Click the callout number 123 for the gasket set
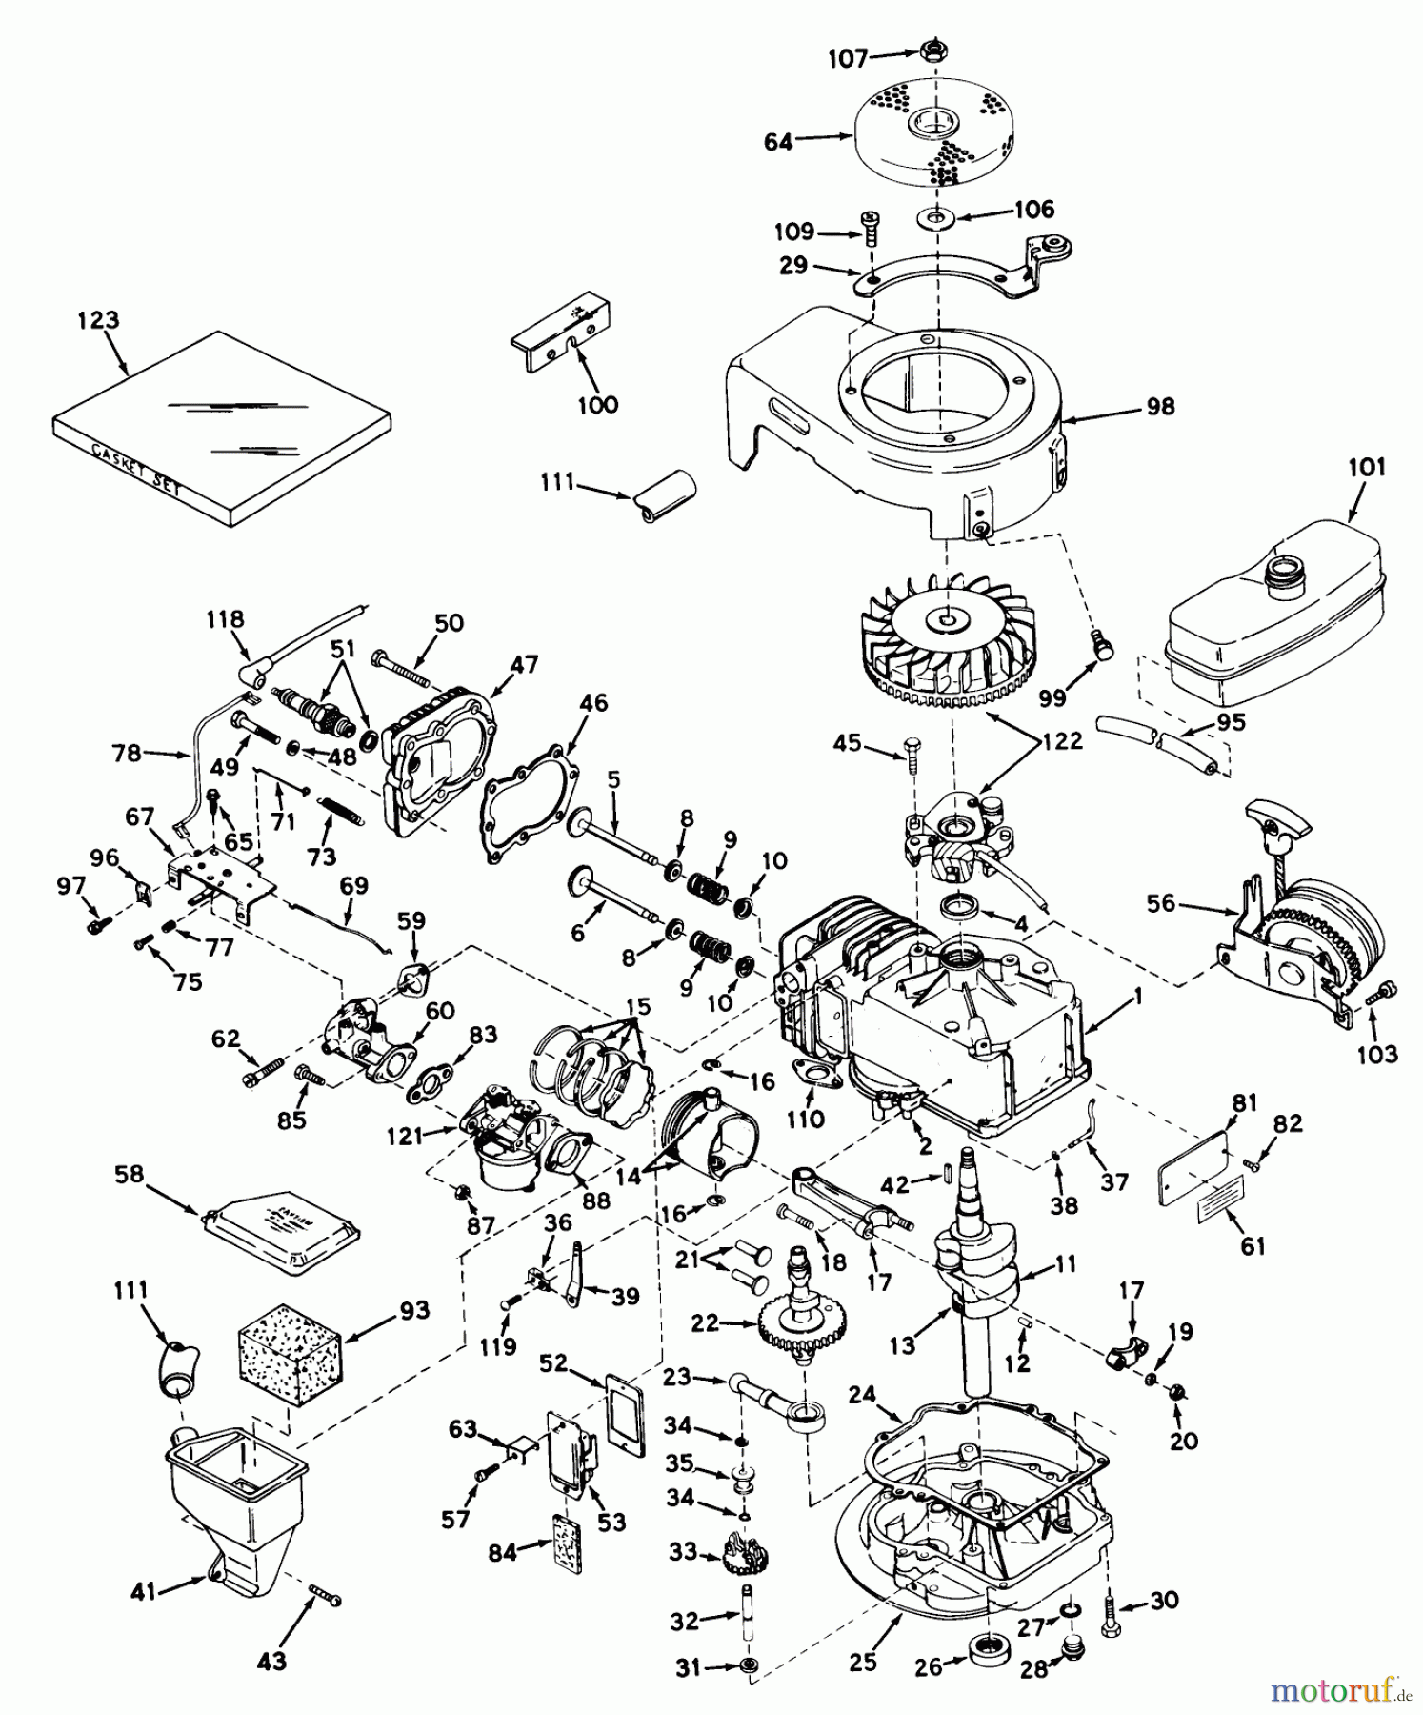click(99, 320)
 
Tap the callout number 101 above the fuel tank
click(1366, 467)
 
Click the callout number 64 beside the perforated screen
click(778, 143)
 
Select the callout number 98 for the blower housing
click(1161, 407)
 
